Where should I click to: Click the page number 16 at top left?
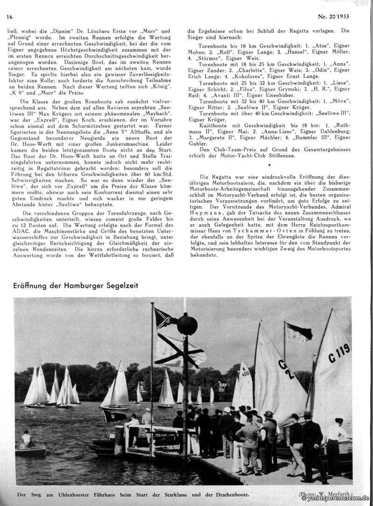click(x=9, y=17)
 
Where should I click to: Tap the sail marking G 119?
click(x=339, y=353)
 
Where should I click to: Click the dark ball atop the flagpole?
click(x=187, y=325)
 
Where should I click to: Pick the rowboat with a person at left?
click(x=30, y=449)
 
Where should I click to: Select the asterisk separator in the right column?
click(x=269, y=166)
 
